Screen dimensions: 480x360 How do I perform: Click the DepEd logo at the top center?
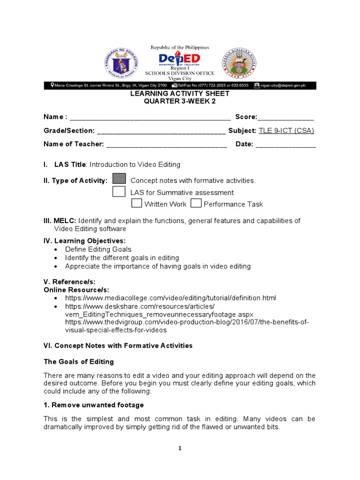coord(179,59)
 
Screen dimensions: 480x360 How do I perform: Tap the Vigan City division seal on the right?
coord(239,62)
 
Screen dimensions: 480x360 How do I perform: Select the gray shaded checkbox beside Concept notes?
coord(119,179)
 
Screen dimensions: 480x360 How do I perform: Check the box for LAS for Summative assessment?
coord(119,191)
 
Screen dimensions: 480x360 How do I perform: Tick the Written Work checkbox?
coord(136,203)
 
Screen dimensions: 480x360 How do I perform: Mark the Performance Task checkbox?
coord(196,203)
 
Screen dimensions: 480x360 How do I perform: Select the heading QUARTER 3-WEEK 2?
coord(180,101)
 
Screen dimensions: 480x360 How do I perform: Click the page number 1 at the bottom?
coord(180,449)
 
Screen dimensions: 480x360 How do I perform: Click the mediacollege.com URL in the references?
coord(171,298)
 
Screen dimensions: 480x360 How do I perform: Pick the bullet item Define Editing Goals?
coord(98,249)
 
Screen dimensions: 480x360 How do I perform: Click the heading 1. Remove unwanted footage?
coord(94,405)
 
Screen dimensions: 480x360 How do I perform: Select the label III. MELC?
coord(60,221)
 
